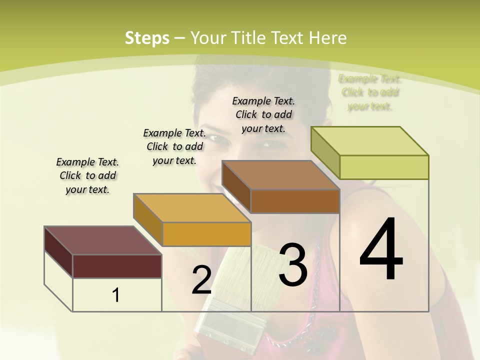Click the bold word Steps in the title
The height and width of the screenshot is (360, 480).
click(x=147, y=38)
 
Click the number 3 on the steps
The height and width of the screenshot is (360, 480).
click(x=292, y=264)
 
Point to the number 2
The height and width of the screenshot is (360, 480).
click(x=201, y=280)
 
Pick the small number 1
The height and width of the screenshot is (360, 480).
click(x=115, y=295)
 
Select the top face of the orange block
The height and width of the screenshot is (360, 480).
click(x=192, y=208)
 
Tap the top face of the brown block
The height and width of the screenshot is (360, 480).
click(x=281, y=175)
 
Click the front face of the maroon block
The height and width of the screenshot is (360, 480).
click(x=117, y=266)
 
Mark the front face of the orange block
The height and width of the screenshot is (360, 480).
click(x=206, y=234)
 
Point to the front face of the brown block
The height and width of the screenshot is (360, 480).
click(x=295, y=201)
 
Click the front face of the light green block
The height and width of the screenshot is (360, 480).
click(x=384, y=167)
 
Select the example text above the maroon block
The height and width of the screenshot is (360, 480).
click(x=87, y=175)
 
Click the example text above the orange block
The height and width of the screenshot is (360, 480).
click(x=174, y=146)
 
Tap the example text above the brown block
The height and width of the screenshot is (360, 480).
click(x=263, y=114)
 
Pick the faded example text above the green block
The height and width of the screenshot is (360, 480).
click(x=370, y=92)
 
